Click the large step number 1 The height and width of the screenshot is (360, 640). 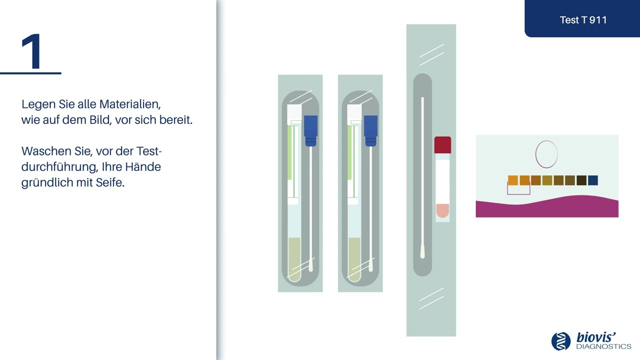pyautogui.click(x=32, y=51)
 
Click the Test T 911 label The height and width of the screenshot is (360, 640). pyautogui.click(x=583, y=20)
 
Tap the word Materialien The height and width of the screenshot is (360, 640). pyautogui.click(x=130, y=104)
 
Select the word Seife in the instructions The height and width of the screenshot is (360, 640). pyautogui.click(x=110, y=182)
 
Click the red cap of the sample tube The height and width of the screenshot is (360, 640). pyautogui.click(x=442, y=145)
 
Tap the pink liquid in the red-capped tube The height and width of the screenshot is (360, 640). pyautogui.click(x=442, y=210)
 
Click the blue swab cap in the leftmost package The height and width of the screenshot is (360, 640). pyautogui.click(x=310, y=131)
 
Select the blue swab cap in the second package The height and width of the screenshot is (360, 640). pyautogui.click(x=370, y=131)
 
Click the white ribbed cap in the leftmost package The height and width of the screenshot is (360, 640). pyautogui.click(x=294, y=114)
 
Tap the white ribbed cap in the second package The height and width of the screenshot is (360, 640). pyautogui.click(x=354, y=114)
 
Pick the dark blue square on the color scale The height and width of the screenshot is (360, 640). pyautogui.click(x=593, y=180)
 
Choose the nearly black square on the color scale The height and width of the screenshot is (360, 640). pyautogui.click(x=581, y=180)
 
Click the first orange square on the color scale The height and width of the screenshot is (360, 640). pyautogui.click(x=513, y=180)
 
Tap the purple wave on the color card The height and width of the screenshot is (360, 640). pyautogui.click(x=547, y=208)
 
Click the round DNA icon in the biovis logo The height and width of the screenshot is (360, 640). pyautogui.click(x=561, y=341)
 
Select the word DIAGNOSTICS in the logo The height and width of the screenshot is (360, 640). pyautogui.click(x=603, y=346)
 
